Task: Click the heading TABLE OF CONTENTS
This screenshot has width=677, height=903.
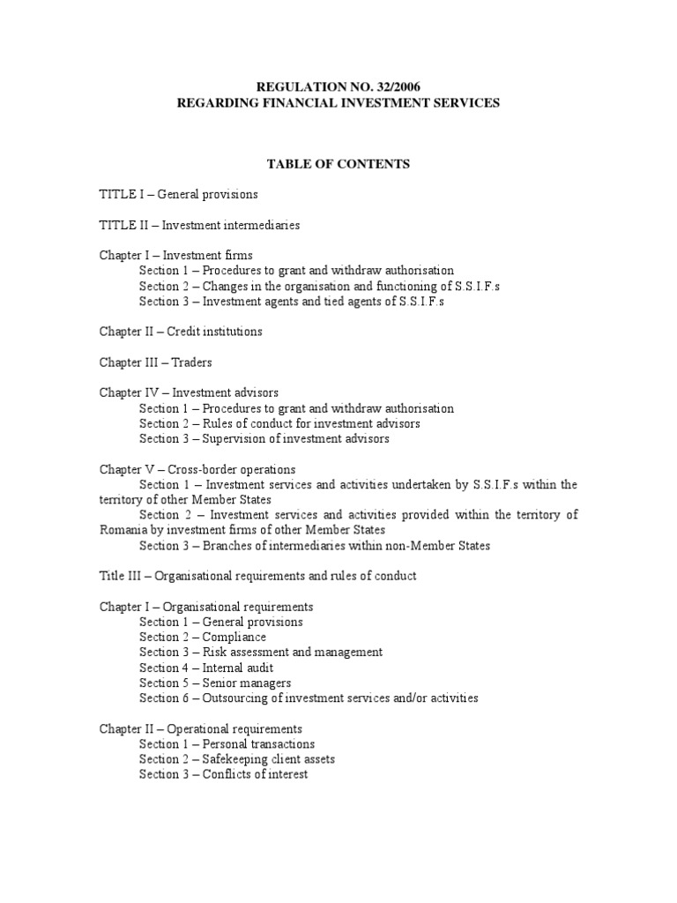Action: click(338, 164)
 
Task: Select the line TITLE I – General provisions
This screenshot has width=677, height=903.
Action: click(178, 194)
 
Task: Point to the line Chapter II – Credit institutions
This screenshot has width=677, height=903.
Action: click(180, 332)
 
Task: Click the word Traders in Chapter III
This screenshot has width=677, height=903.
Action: click(192, 362)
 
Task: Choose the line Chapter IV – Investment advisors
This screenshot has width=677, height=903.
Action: click(189, 393)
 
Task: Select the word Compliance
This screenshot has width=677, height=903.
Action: click(234, 637)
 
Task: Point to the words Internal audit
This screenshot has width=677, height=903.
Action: click(237, 668)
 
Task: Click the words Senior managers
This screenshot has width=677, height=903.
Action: click(247, 683)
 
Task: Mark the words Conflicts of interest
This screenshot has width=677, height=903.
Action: click(256, 774)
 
